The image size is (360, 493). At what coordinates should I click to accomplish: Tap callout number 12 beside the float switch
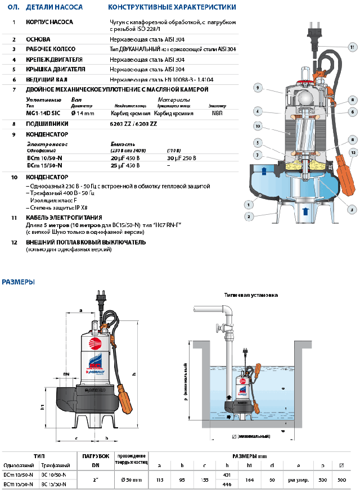click(353, 152)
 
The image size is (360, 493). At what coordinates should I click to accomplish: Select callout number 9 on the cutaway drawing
click(257, 88)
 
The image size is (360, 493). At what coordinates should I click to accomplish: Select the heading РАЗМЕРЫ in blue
click(19, 282)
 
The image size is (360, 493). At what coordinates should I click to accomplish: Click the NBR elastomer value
click(217, 113)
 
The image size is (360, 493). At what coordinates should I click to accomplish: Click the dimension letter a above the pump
click(81, 310)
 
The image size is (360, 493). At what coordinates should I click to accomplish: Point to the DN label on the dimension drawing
click(66, 373)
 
